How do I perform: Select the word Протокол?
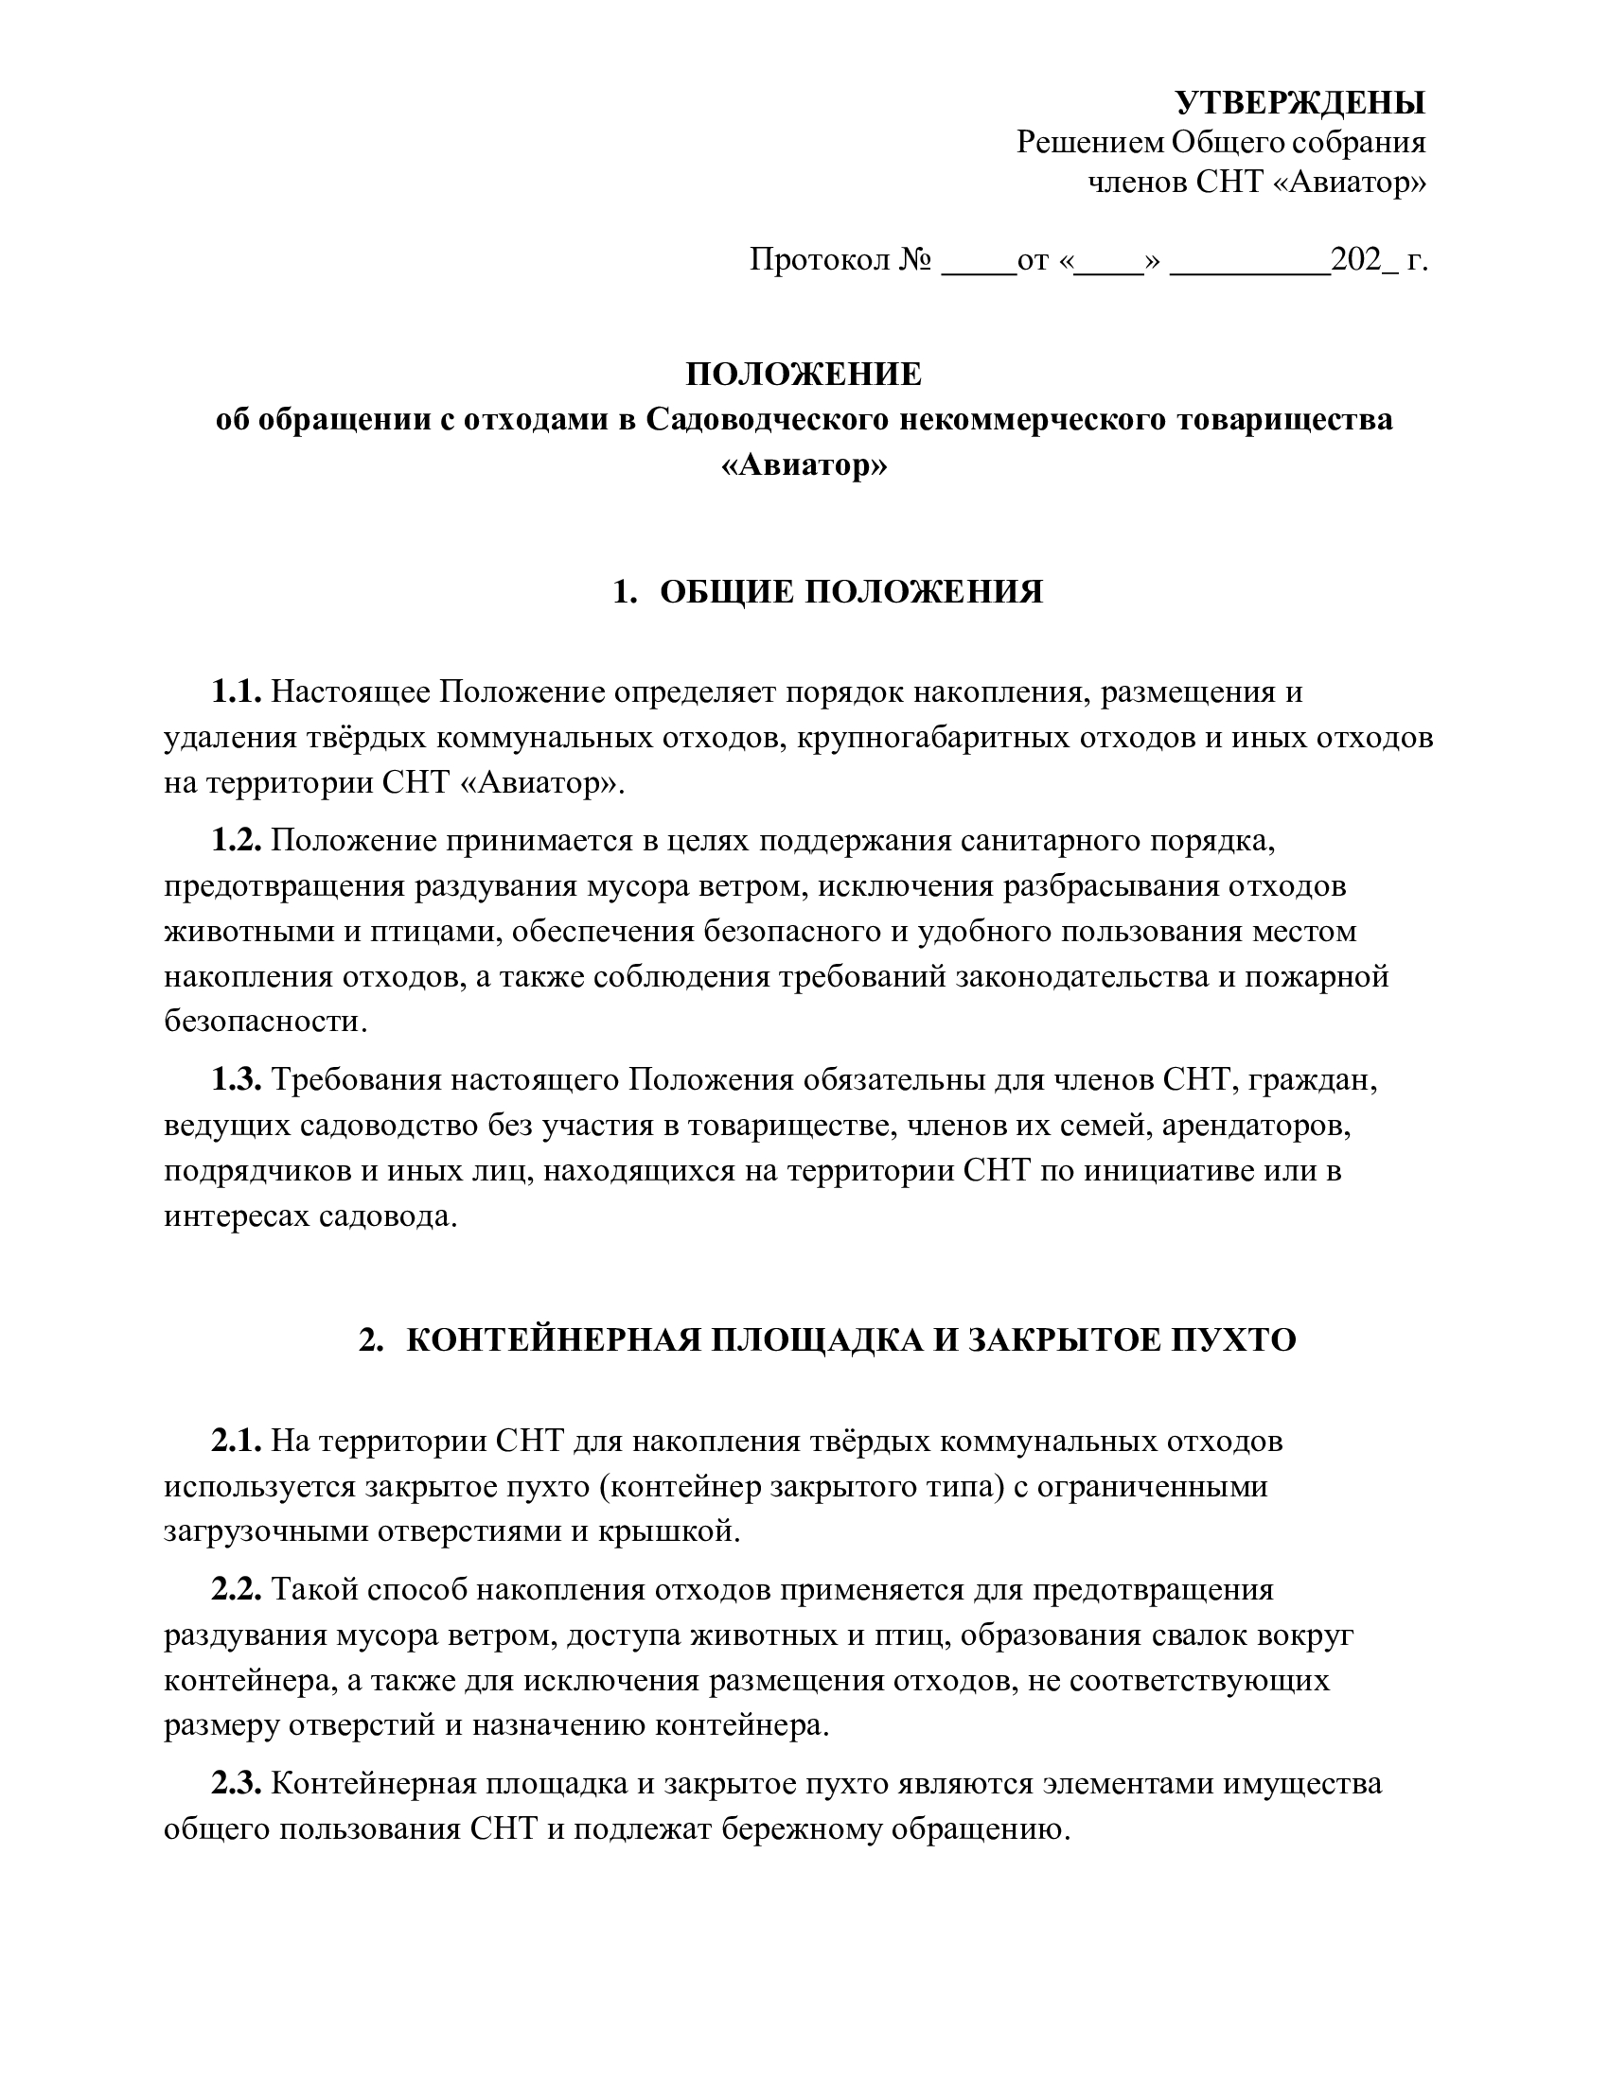819,259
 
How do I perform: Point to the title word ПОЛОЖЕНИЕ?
804,375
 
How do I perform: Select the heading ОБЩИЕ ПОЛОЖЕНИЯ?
851,592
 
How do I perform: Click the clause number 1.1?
236,691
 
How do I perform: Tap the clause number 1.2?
236,841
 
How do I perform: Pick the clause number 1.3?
236,1080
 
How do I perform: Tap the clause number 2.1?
236,1441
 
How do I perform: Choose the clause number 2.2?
236,1590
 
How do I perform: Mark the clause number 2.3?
236,1784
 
